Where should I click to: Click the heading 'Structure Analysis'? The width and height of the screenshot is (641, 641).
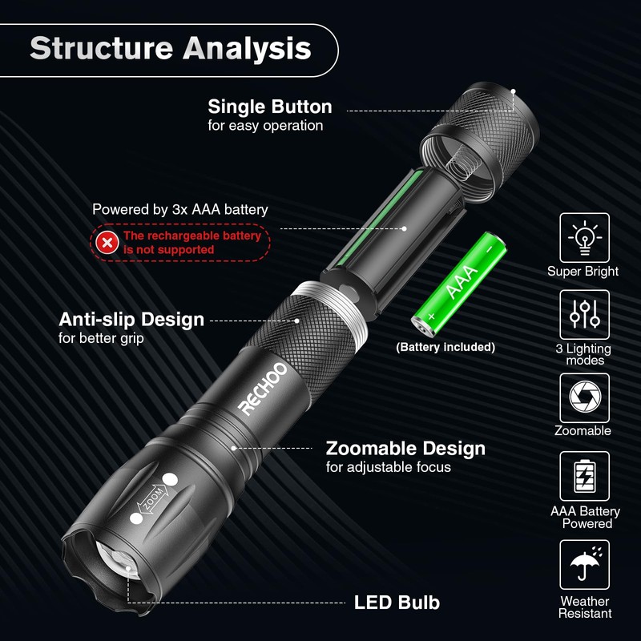pyautogui.click(x=170, y=48)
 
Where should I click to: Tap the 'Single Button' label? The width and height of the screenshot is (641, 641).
pyautogui.click(x=269, y=107)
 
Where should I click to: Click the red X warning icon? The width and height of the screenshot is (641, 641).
pyautogui.click(x=106, y=242)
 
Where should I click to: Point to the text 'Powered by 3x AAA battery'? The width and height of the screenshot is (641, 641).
pyautogui.click(x=179, y=210)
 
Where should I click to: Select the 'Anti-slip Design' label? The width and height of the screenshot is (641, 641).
pyautogui.click(x=131, y=320)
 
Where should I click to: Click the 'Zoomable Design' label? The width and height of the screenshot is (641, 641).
pyautogui.click(x=405, y=448)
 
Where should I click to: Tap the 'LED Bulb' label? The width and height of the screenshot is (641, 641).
pyautogui.click(x=397, y=603)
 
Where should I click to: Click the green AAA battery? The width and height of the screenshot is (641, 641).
pyautogui.click(x=458, y=280)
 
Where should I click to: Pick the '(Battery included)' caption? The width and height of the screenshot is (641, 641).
pyautogui.click(x=445, y=347)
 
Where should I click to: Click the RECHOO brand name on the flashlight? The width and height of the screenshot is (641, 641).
pyautogui.click(x=262, y=389)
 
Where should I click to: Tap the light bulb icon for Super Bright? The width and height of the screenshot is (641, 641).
pyautogui.click(x=584, y=237)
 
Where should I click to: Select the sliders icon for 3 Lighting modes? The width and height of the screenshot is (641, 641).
pyautogui.click(x=584, y=315)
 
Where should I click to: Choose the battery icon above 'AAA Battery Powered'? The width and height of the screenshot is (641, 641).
pyautogui.click(x=584, y=476)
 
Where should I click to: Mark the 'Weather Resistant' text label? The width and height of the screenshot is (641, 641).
pyautogui.click(x=585, y=607)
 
